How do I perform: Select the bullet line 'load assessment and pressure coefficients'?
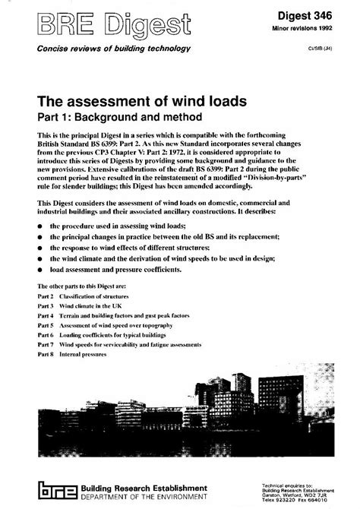click(x=125, y=269)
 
